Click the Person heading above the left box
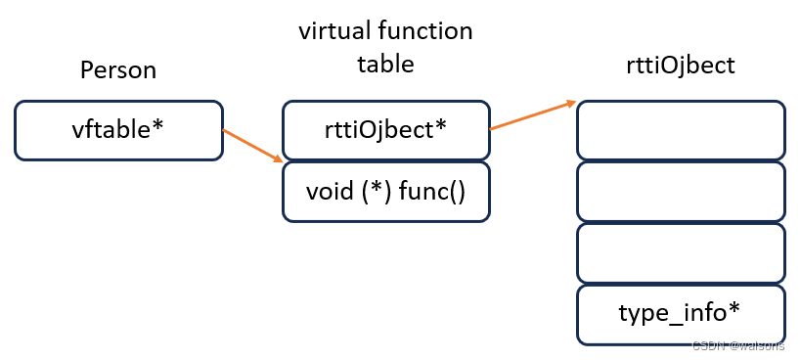coord(118,70)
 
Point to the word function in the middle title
coord(427,31)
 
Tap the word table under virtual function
coord(385,65)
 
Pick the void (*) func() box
coord(385,191)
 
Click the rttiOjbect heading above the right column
coord(682,66)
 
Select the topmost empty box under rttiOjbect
coord(681,130)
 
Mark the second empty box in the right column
coord(681,191)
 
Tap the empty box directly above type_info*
coord(681,252)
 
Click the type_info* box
coord(681,313)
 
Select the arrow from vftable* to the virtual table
coord(252,145)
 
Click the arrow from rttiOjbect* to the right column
coord(532,114)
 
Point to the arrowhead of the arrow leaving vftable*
coord(279,157)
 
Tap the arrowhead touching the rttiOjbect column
coord(570,102)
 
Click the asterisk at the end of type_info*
coord(734,310)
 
